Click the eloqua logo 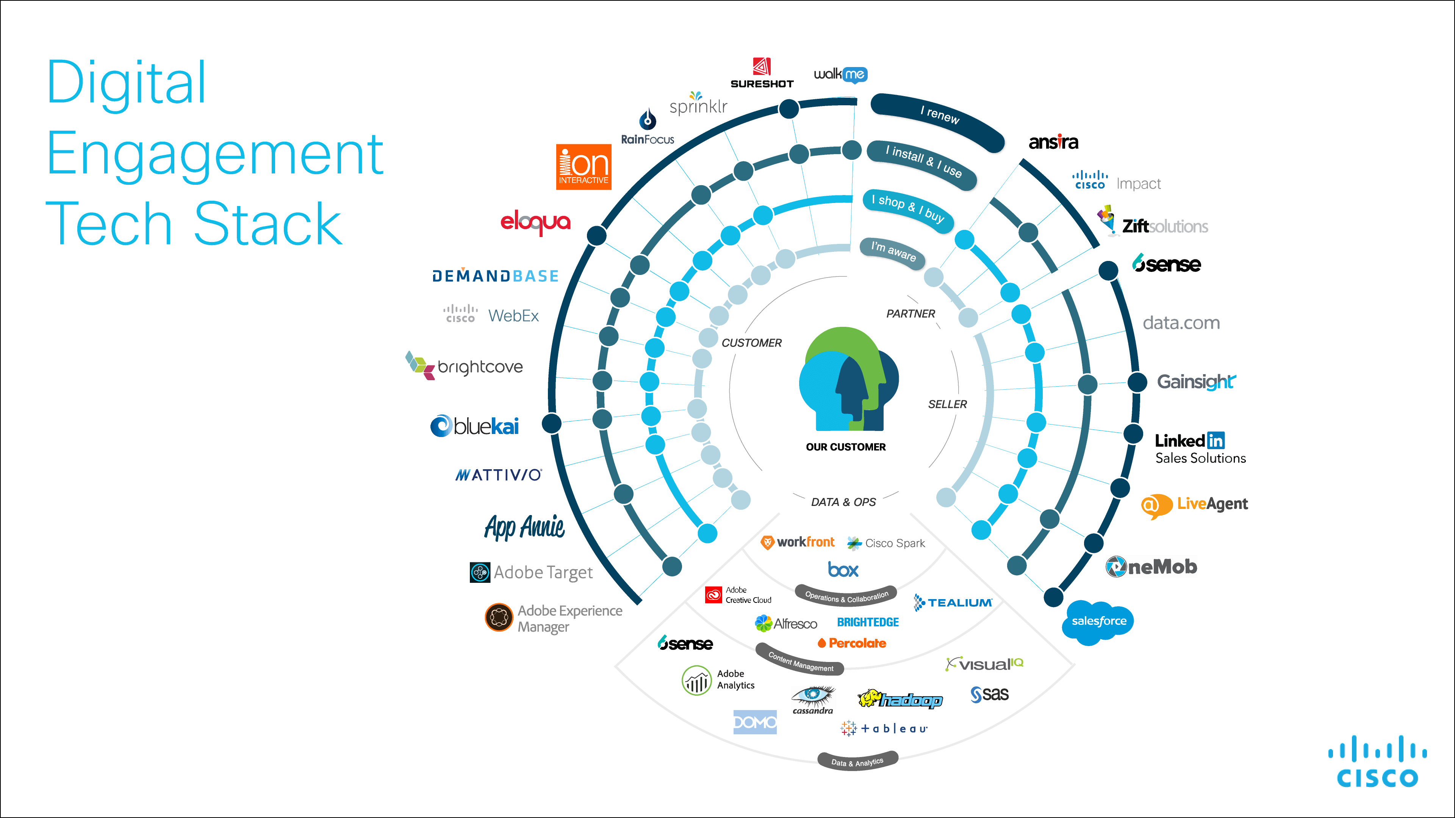[535, 222]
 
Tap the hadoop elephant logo [900, 699]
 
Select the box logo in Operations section [843, 570]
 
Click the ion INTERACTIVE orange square [584, 167]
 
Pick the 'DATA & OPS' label [843, 502]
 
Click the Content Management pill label [800, 662]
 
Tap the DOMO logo [755, 722]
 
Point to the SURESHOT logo [762, 73]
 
